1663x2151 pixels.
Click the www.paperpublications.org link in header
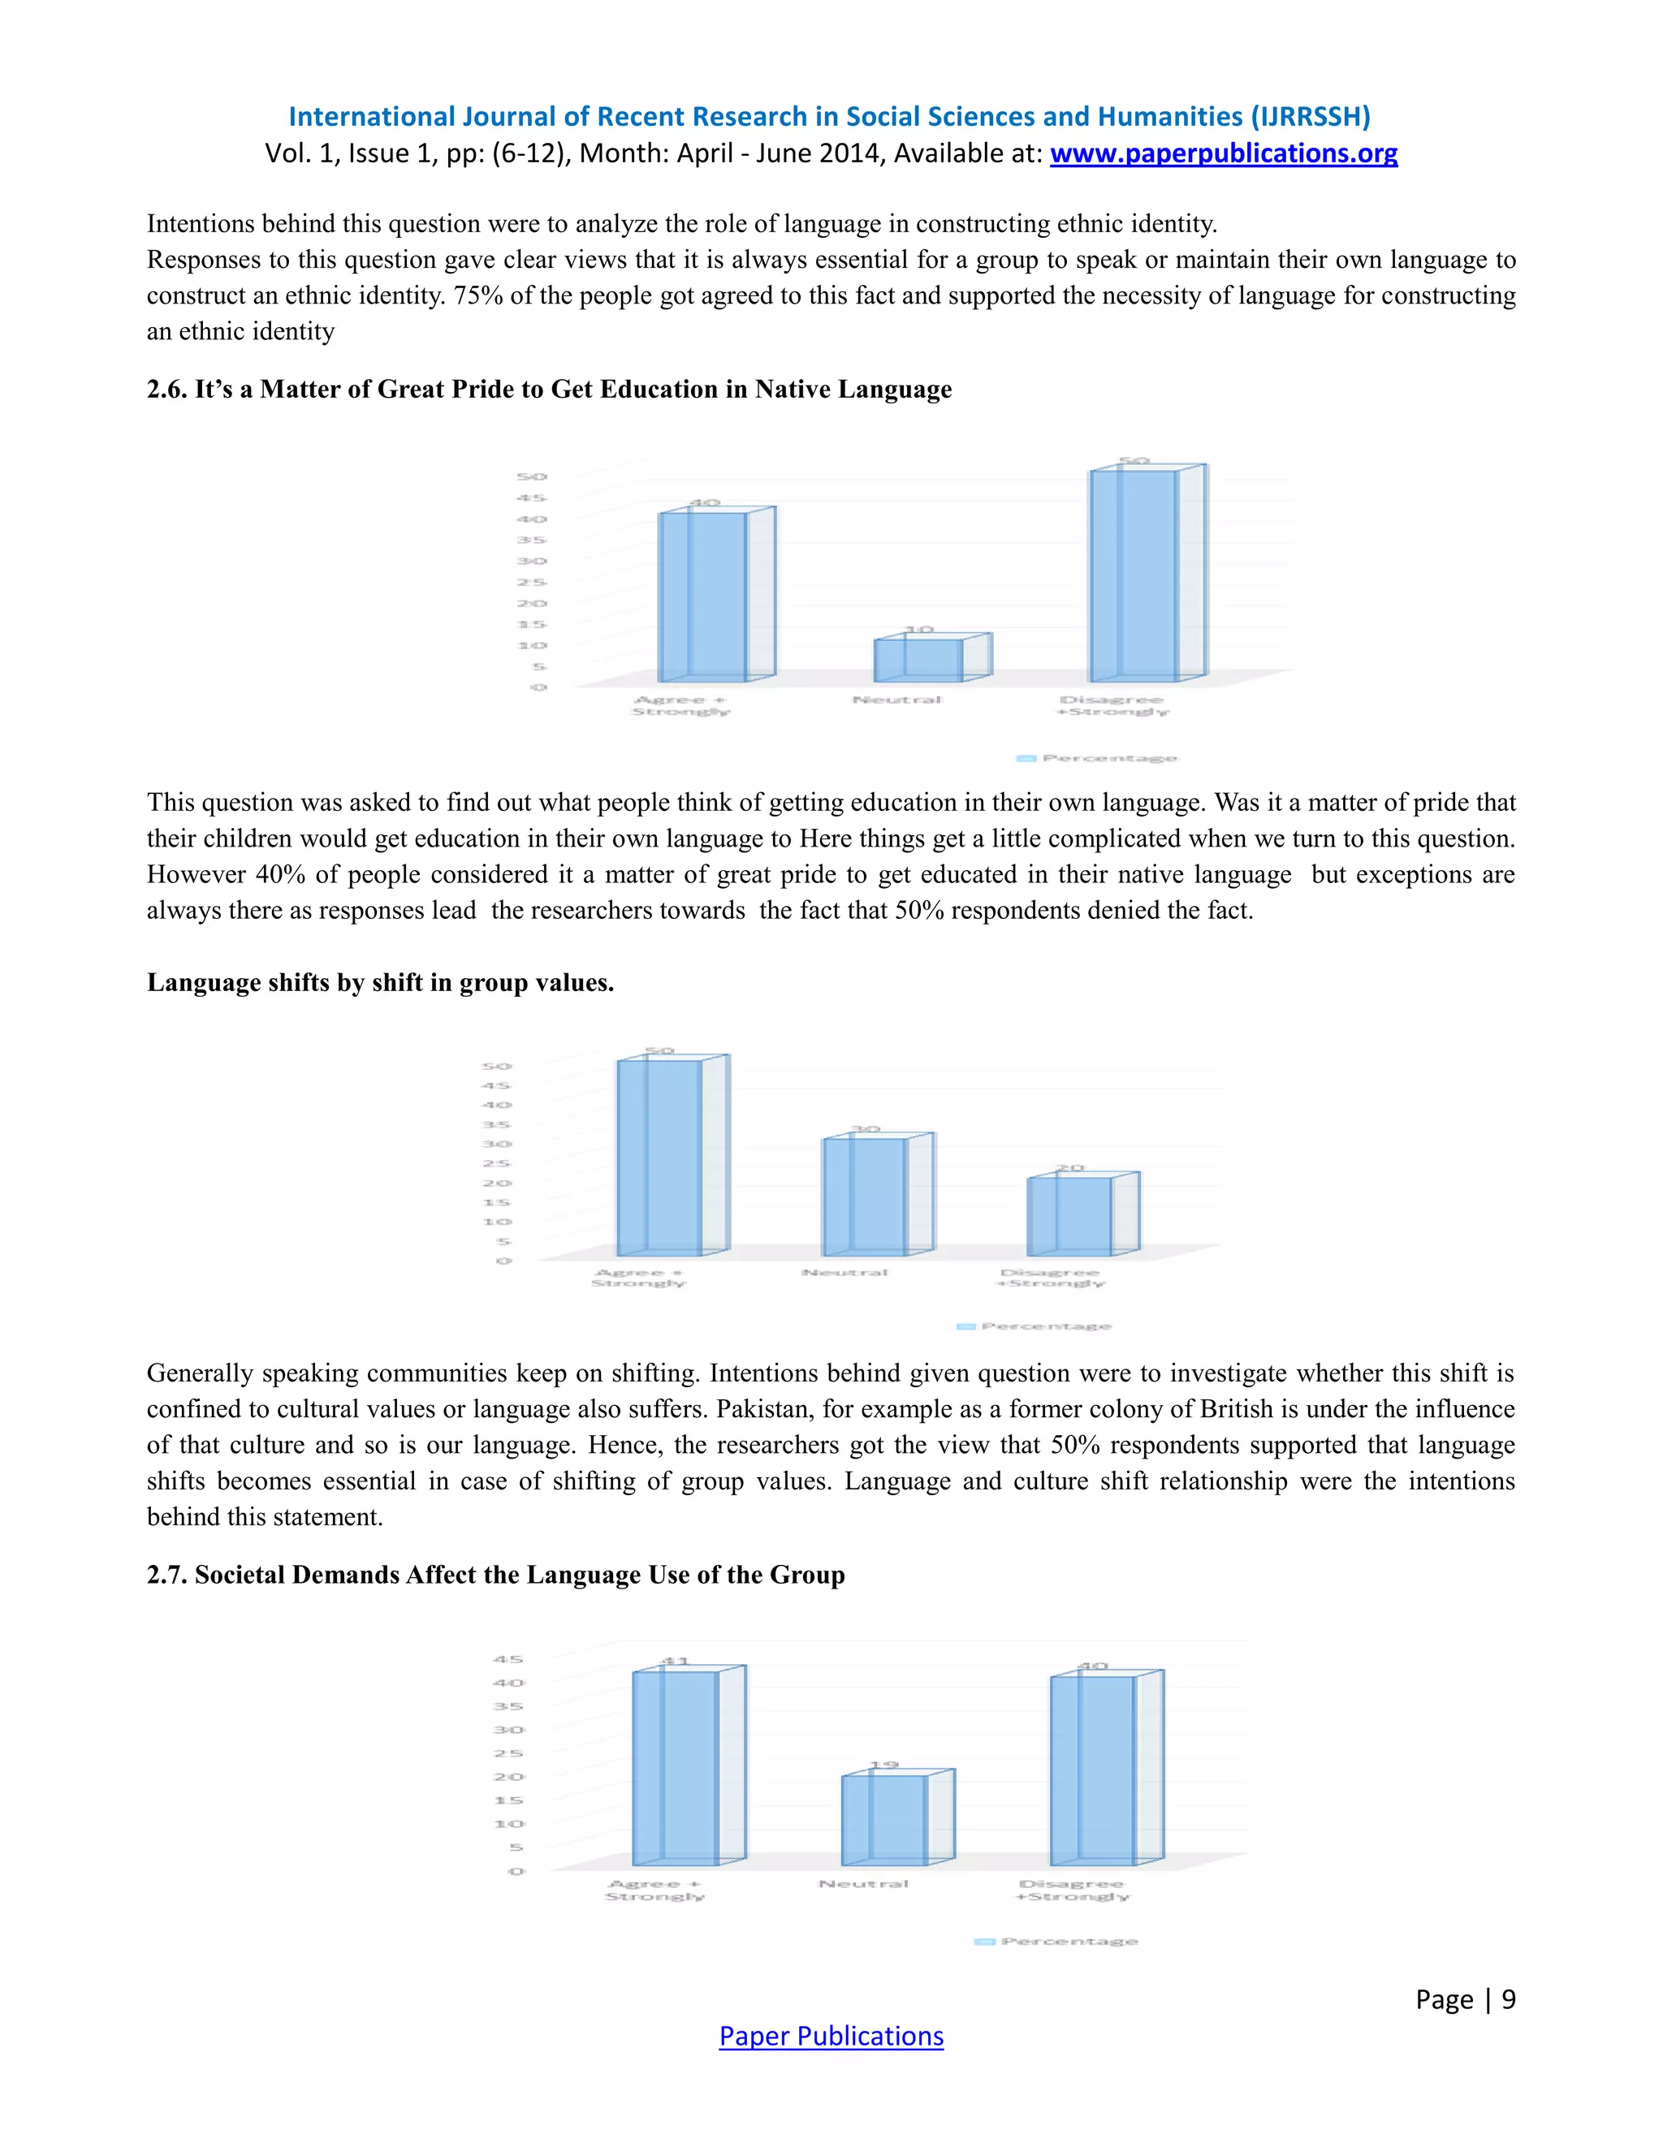[x=1223, y=153]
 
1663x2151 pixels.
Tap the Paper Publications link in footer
[x=831, y=2036]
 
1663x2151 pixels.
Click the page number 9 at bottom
[x=1509, y=1998]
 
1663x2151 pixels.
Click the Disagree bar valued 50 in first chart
[x=1133, y=576]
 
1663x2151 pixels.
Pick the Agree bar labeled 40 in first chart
[x=702, y=596]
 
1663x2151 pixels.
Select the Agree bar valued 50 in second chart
[x=659, y=1157]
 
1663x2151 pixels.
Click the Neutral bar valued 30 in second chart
[x=864, y=1196]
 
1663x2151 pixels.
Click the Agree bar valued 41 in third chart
[x=675, y=1768]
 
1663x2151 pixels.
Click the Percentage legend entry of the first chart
[x=1098, y=757]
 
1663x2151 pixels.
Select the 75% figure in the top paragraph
[x=475, y=295]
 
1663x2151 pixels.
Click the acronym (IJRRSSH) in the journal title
[x=1309, y=117]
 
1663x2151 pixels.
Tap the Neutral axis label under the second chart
[x=844, y=1273]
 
